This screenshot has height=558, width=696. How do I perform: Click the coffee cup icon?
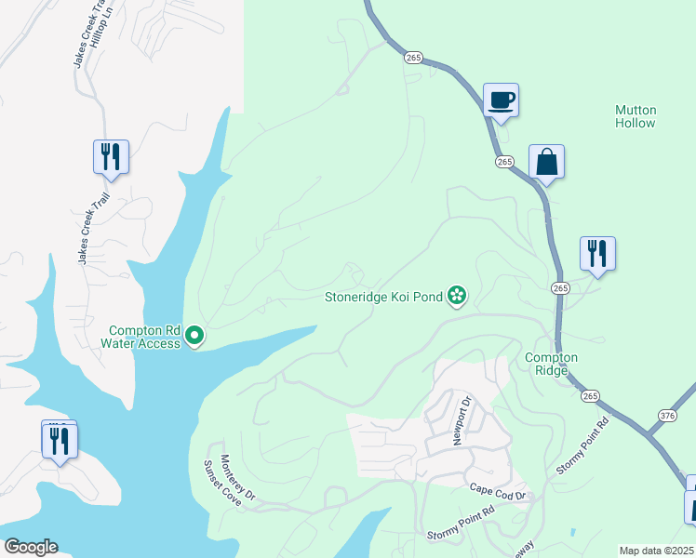(x=501, y=100)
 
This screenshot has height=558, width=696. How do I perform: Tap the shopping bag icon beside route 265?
(x=547, y=163)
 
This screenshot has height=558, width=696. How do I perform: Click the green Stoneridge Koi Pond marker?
(x=457, y=297)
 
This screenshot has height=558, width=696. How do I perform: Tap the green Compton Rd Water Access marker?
(x=194, y=335)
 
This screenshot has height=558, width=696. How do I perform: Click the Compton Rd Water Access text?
(x=143, y=336)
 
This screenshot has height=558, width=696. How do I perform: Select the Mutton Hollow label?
(x=636, y=116)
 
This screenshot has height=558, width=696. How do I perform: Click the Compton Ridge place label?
(x=551, y=364)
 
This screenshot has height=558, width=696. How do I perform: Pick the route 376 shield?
(x=666, y=416)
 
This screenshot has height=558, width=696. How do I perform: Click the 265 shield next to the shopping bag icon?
(x=504, y=162)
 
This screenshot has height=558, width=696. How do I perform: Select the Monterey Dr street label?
(x=235, y=475)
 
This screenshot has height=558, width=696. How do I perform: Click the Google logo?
(x=31, y=547)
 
